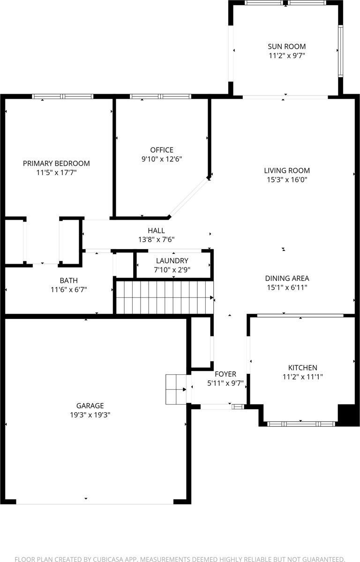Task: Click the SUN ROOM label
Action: pos(286,46)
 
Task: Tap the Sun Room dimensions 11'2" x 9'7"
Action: pos(286,55)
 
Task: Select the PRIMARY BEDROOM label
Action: pos(56,163)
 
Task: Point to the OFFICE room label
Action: pos(162,150)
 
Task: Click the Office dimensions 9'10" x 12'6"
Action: pos(162,159)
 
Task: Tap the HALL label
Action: pos(156,230)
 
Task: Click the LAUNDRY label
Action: pos(172,261)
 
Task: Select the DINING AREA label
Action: pos(286,278)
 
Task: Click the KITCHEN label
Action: pos(302,368)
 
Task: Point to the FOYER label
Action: pos(225,374)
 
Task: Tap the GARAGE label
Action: pos(90,406)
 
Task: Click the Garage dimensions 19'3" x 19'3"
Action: pos(90,414)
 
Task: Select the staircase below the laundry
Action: pos(164,297)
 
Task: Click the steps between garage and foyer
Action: pos(175,389)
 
